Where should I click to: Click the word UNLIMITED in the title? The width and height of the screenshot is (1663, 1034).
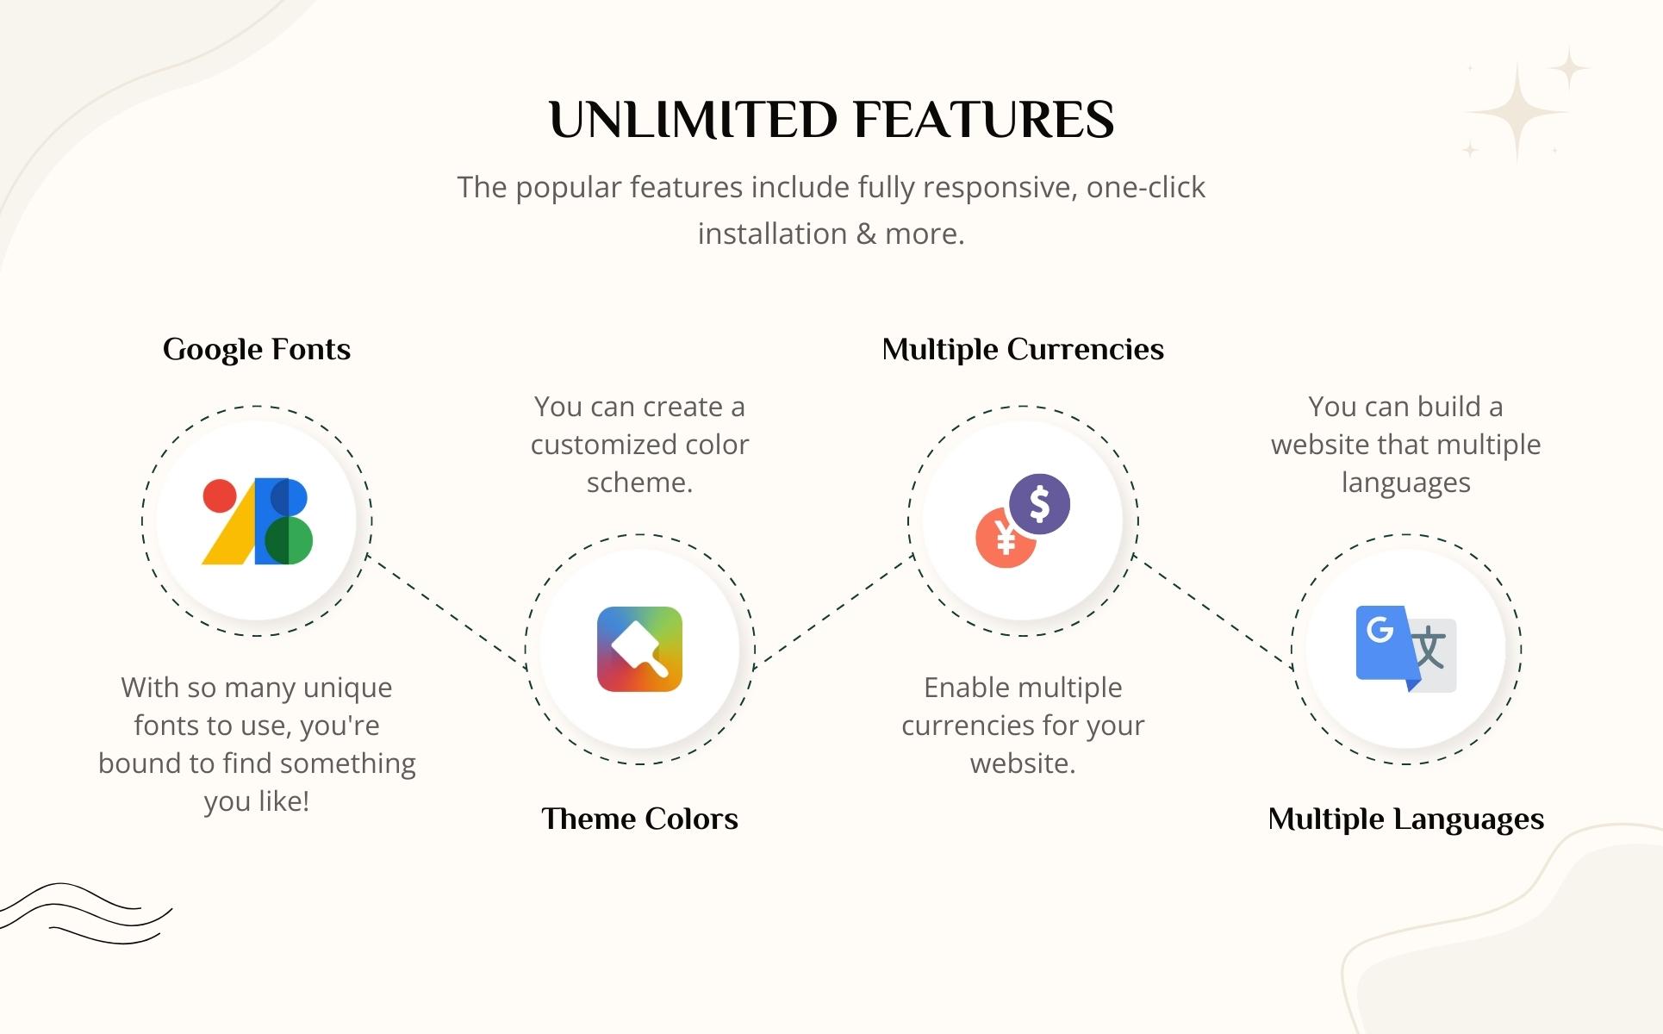coord(693,120)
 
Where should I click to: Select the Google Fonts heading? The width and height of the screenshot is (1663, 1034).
coord(257,350)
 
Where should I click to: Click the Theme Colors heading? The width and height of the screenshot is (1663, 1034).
coord(639,819)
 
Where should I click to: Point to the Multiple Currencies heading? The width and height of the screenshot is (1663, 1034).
coord(1023,350)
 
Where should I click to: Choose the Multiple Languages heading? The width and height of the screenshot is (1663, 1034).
coord(1405,819)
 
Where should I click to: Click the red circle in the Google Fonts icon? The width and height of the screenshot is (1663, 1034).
coord(220,496)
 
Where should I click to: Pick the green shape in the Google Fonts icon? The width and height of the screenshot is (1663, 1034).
coord(290,541)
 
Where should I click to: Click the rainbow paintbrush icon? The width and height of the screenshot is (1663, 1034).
coord(639,649)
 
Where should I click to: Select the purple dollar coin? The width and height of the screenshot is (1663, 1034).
coord(1040,504)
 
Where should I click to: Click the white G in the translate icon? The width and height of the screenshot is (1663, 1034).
coord(1380,629)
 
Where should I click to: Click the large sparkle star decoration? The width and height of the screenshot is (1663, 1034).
coord(1517,113)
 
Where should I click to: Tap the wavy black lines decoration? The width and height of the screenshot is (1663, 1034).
coord(86,913)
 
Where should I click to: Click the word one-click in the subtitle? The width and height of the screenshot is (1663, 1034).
coord(1145,187)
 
